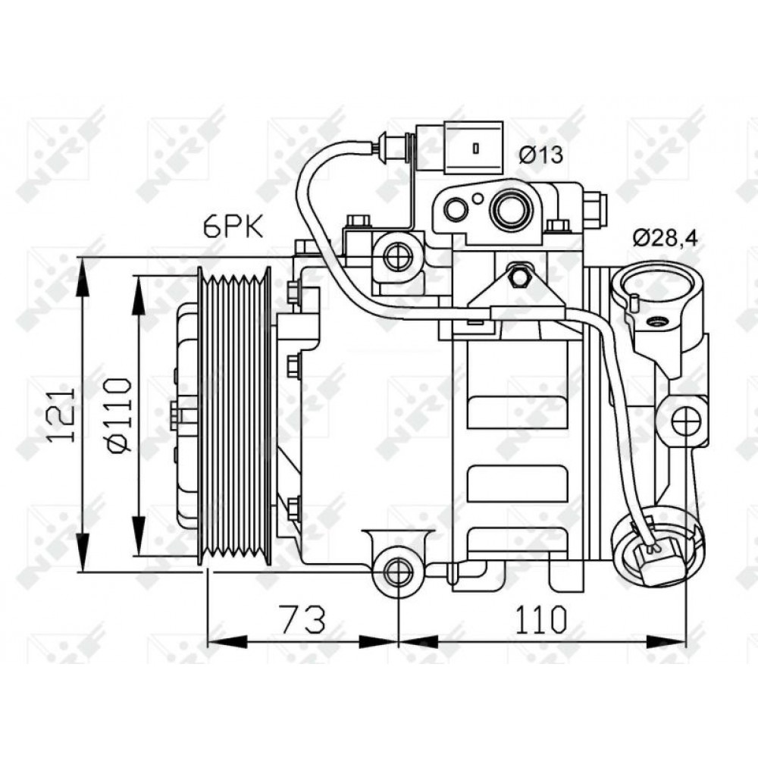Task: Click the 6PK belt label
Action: pos(233,227)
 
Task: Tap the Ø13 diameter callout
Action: pos(541,155)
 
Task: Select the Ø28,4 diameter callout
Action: pos(666,238)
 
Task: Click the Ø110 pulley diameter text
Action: pos(118,415)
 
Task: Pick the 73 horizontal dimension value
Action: pos(303,619)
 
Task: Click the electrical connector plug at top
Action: pos(459,148)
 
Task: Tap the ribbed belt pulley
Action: pos(234,415)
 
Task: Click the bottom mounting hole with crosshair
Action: pos(398,572)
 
